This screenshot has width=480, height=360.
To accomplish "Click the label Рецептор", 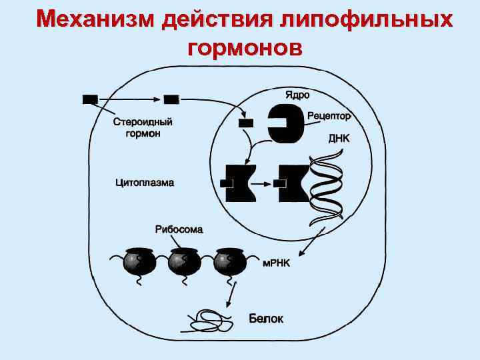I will [329, 116].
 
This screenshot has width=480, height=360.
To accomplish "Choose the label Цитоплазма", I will [145, 181].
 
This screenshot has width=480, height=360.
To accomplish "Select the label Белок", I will [266, 319].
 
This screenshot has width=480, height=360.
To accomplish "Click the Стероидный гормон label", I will [143, 127].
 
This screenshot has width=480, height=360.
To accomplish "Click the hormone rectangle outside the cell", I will [90, 99].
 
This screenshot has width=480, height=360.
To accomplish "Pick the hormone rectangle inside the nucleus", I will [246, 123].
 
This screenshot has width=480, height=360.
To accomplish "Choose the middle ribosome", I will [184, 262].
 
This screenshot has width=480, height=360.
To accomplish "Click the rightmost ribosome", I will [229, 262].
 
